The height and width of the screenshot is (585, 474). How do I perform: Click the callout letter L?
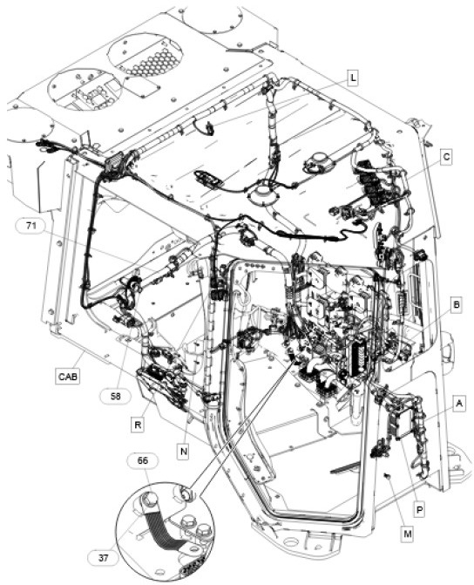pyautogui.click(x=352, y=78)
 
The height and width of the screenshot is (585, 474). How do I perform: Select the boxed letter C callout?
pyautogui.click(x=445, y=157)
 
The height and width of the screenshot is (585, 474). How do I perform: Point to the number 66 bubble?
pyautogui.click(x=142, y=460)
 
